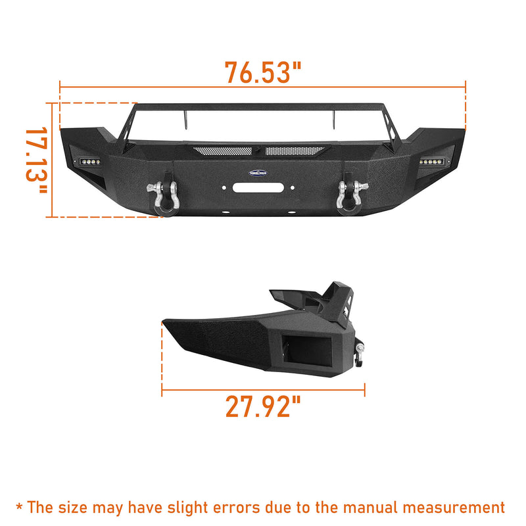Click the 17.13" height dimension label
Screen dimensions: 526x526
pyautogui.click(x=35, y=160)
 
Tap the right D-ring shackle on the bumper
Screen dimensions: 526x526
pyautogui.click(x=344, y=195)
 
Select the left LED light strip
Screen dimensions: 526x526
pyautogui.click(x=87, y=161)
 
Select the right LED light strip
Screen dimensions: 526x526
pyautogui.click(x=438, y=161)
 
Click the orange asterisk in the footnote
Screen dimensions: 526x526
pyautogui.click(x=20, y=507)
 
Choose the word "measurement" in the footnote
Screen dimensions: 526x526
pyautogui.click(x=456, y=507)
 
